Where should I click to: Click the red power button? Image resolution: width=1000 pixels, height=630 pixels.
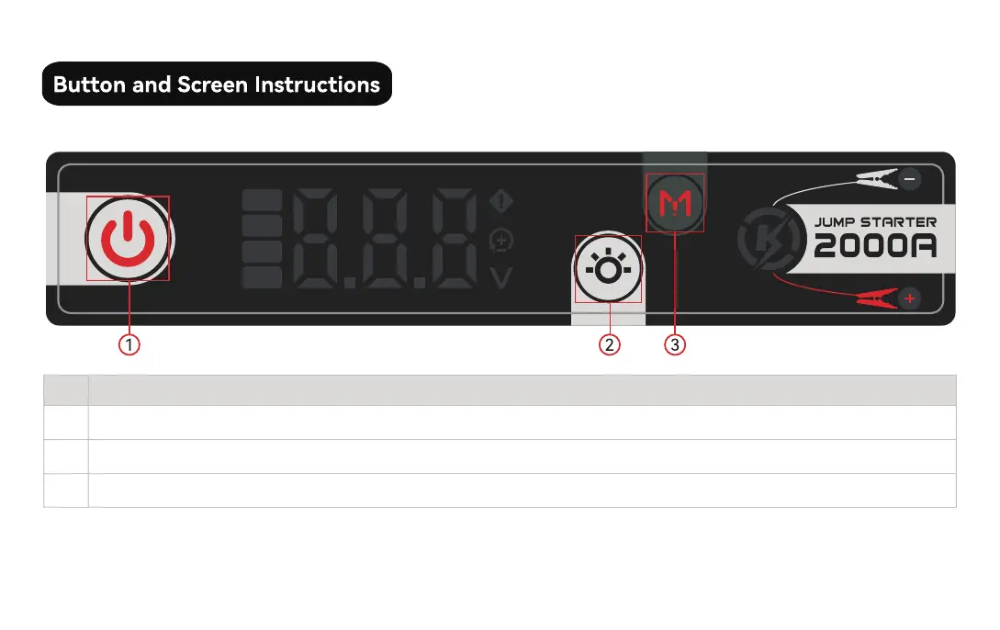[128, 239]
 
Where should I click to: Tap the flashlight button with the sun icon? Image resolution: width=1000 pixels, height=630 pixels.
[608, 270]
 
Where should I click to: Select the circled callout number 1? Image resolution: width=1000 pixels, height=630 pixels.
[129, 345]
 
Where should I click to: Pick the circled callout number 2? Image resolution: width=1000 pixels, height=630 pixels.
[609, 345]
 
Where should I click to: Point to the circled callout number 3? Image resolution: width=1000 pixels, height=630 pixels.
[675, 345]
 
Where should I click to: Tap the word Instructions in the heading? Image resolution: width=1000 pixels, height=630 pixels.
[317, 84]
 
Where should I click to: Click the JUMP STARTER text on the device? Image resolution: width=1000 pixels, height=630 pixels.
[875, 221]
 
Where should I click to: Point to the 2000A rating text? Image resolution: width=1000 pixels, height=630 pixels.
[875, 246]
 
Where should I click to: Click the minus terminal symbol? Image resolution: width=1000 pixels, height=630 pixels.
[910, 178]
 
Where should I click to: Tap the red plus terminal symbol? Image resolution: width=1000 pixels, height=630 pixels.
[910, 298]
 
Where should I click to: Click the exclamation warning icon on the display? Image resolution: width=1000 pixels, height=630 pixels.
[501, 200]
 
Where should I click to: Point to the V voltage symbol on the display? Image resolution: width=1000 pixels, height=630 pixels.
[501, 277]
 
